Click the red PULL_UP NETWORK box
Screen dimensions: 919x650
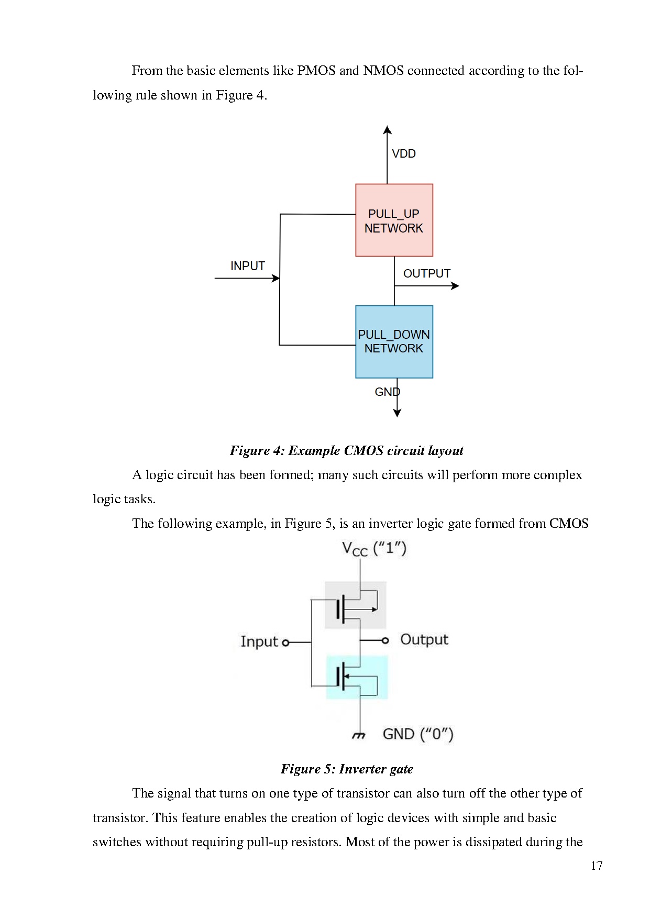[x=394, y=220]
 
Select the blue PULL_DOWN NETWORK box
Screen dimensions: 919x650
[x=394, y=341]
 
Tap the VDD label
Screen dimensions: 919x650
[x=404, y=153]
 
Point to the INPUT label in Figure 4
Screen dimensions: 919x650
[x=248, y=266]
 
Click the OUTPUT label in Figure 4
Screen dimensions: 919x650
[x=426, y=273]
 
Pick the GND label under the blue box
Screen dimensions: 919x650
[x=387, y=392]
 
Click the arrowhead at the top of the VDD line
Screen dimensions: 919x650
[x=387, y=130]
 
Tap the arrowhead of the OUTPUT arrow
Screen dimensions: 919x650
[x=455, y=286]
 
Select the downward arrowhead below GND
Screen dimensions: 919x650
[x=397, y=413]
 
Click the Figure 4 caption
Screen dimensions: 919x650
[x=346, y=451]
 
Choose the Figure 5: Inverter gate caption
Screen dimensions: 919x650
[x=347, y=769]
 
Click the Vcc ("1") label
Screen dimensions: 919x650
[x=374, y=549]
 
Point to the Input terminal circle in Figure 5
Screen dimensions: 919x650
[x=285, y=643]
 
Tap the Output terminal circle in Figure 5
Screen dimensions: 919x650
[x=385, y=640]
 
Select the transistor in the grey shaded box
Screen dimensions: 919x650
[x=356, y=605]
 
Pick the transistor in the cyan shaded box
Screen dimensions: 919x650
[x=357, y=677]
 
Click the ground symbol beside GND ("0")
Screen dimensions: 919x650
[x=358, y=736]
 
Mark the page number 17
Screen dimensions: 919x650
[x=597, y=866]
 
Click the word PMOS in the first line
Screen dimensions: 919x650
[x=316, y=71]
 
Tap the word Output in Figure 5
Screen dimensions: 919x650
[x=424, y=639]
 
